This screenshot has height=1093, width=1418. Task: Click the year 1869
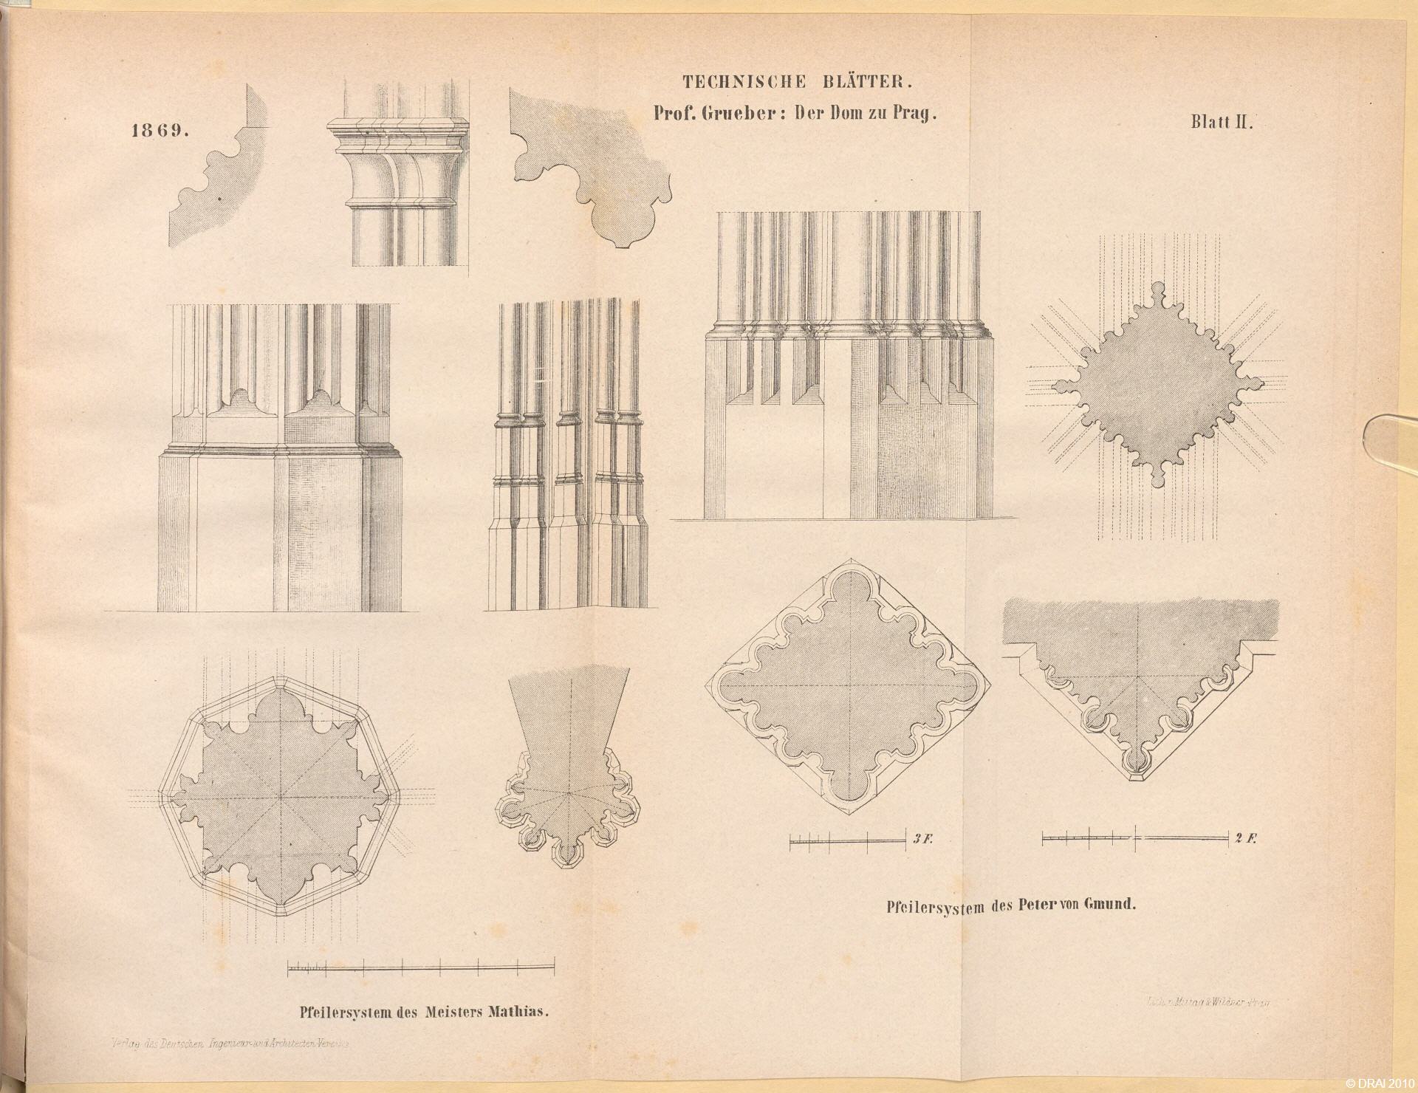point(160,131)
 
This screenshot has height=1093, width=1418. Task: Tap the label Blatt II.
point(1222,123)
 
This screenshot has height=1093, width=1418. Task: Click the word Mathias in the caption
point(519,1010)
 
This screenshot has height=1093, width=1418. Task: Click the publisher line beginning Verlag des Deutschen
point(229,1044)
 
